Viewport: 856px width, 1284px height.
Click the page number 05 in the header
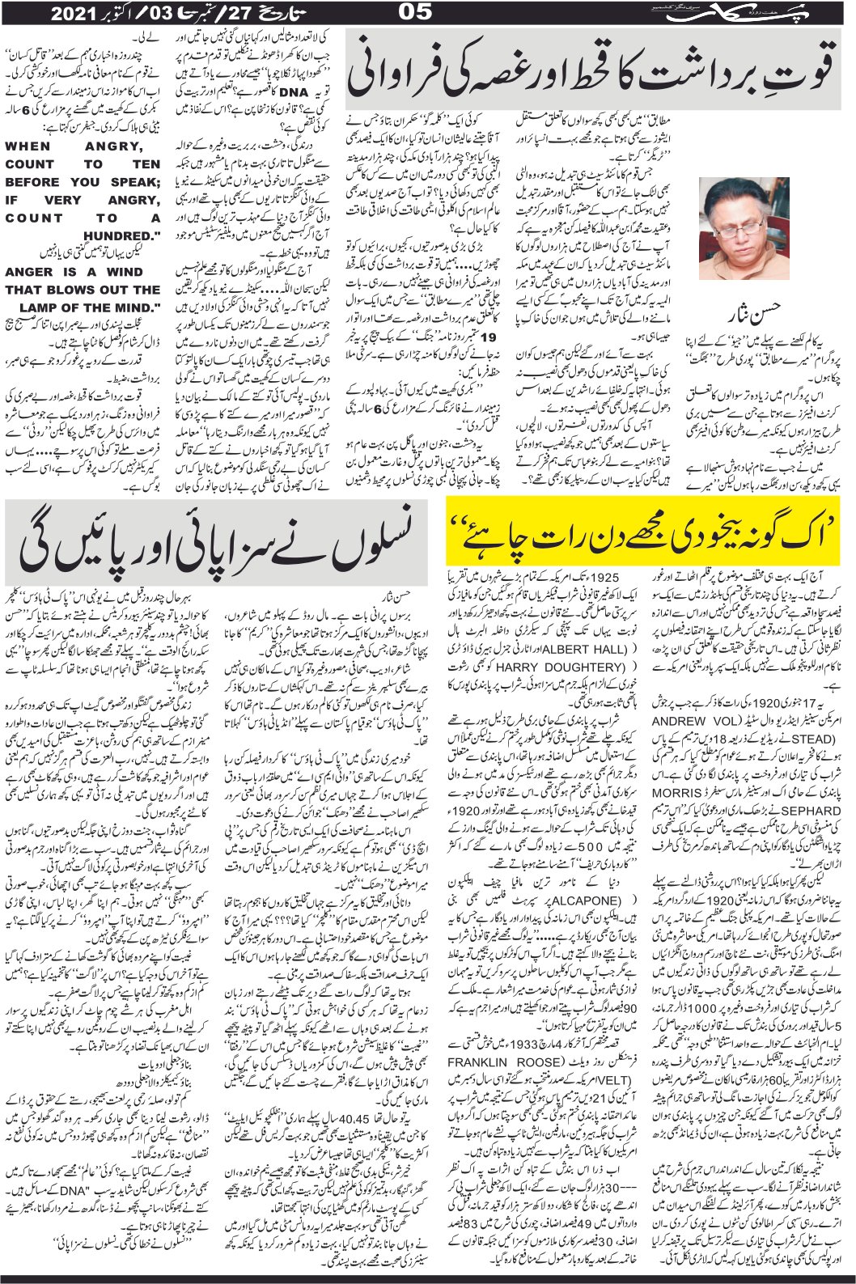(x=427, y=14)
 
